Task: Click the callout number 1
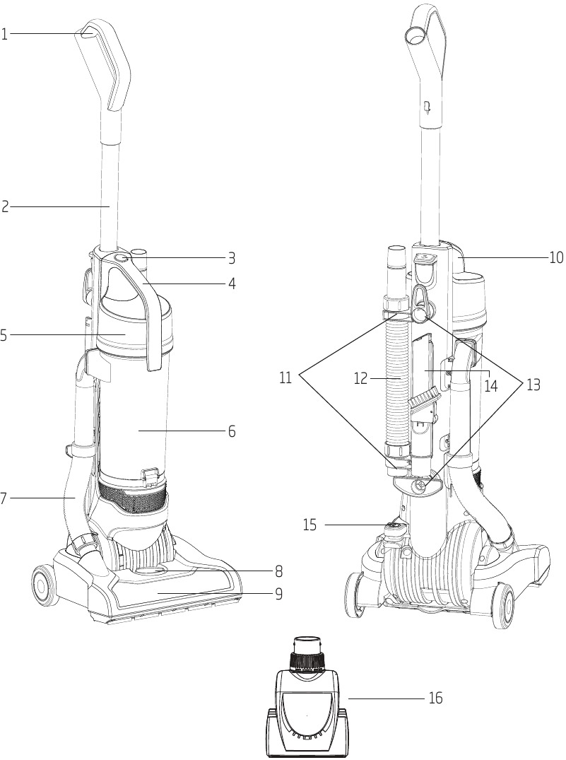click(x=4, y=33)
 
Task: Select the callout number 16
click(x=435, y=698)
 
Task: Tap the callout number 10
click(x=556, y=258)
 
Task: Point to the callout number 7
click(x=4, y=498)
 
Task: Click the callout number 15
click(x=309, y=525)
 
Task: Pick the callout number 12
click(x=361, y=379)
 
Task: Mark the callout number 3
click(x=231, y=258)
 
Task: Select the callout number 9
click(x=278, y=594)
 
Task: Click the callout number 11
click(x=285, y=378)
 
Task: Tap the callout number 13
click(x=532, y=385)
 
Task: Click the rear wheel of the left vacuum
click(x=44, y=585)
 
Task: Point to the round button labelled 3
click(x=121, y=259)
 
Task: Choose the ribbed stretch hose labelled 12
click(x=398, y=382)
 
